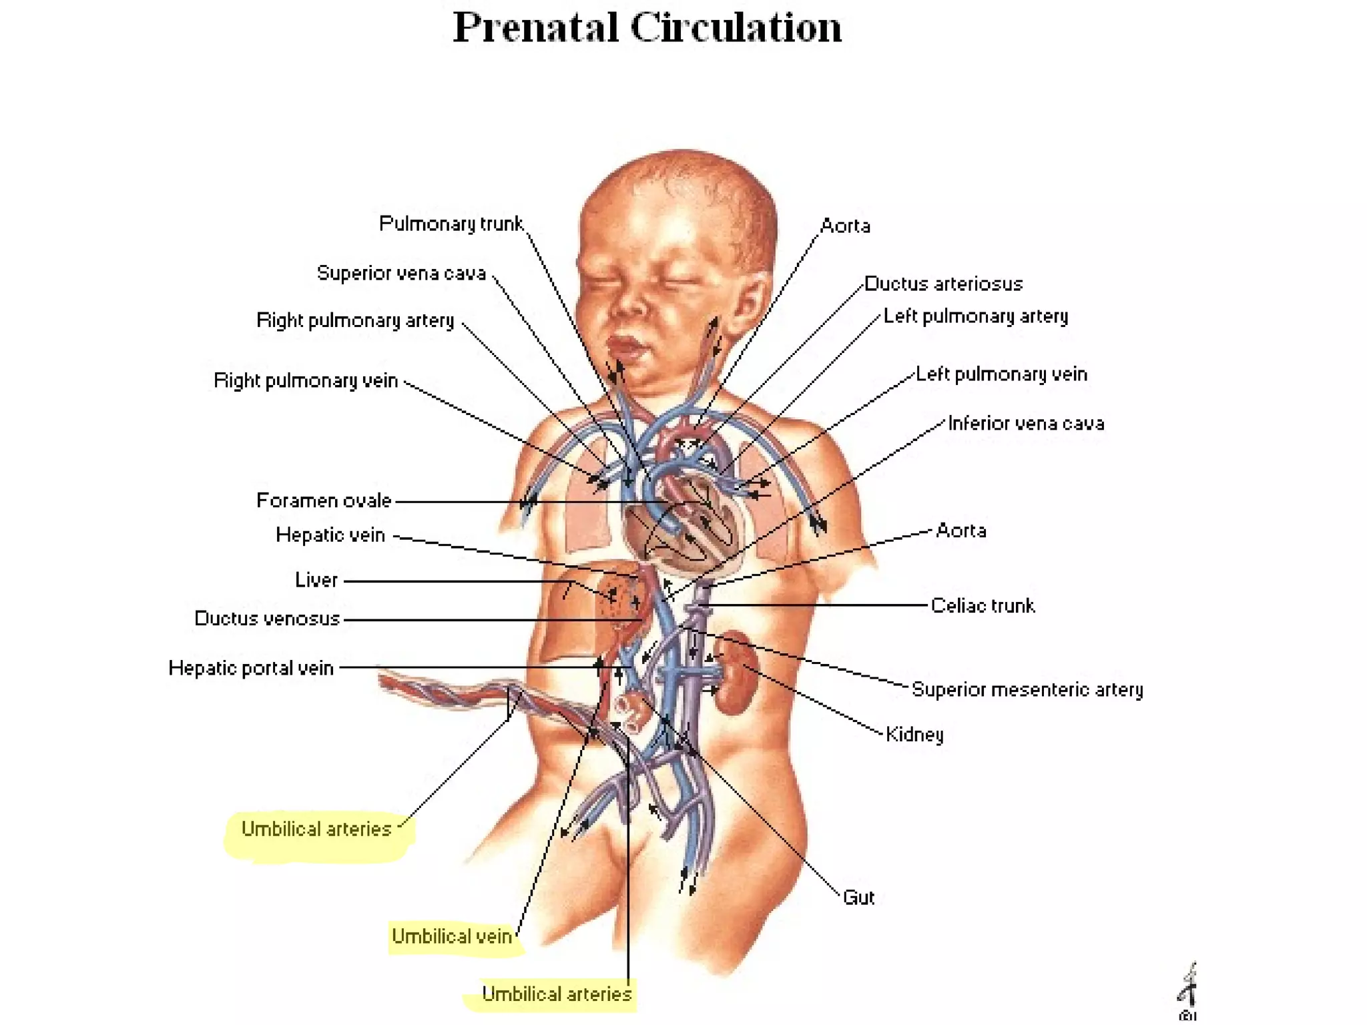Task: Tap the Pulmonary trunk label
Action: (451, 224)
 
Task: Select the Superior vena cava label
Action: (401, 273)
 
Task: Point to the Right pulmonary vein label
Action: (306, 380)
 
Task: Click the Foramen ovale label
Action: (324, 500)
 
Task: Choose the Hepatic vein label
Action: (330, 535)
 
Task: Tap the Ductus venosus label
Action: (267, 619)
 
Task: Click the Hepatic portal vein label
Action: (251, 668)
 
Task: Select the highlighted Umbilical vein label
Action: (452, 936)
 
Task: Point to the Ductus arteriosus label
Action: (943, 284)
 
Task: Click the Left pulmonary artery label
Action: (975, 316)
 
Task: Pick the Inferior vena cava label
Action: (1026, 423)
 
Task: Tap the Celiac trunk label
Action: (983, 605)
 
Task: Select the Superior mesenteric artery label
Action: (1027, 689)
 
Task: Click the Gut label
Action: (858, 898)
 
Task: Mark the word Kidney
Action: (914, 734)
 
